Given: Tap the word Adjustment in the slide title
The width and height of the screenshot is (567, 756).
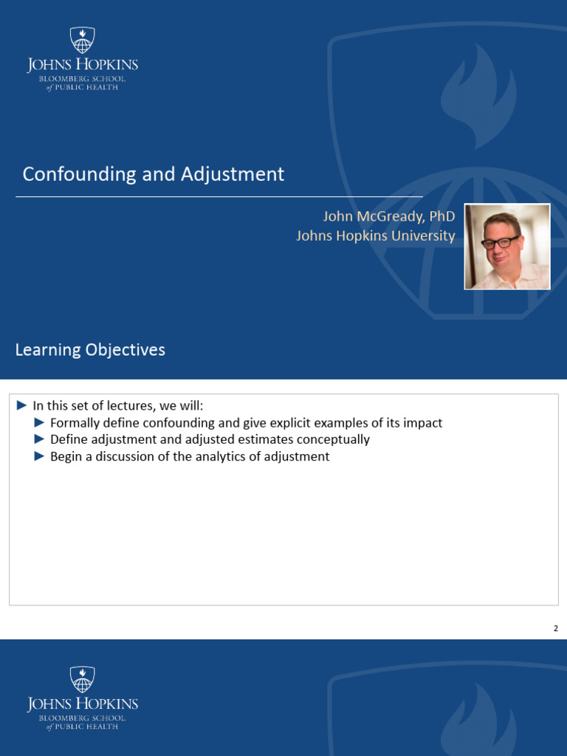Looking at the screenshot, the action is pos(233,174).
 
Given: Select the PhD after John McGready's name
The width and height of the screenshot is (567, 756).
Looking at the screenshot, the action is pos(442,216).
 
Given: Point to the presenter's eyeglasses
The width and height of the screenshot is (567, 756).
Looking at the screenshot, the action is pos(501,242).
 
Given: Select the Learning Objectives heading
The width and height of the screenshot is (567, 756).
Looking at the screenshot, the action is pos(90,349).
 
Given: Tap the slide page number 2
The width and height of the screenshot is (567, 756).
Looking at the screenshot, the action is pos(556,628).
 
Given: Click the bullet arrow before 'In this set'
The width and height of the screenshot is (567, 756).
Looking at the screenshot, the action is pos(21,405).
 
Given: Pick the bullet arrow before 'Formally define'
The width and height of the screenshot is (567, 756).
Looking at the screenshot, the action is pos(40,423).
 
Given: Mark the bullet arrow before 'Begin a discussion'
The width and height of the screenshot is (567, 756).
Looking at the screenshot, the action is pos(40,456).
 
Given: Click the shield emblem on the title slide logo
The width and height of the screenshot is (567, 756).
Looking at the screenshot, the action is pos(83,40).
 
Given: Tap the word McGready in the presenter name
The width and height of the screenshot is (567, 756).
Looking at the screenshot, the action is pos(391,216).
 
